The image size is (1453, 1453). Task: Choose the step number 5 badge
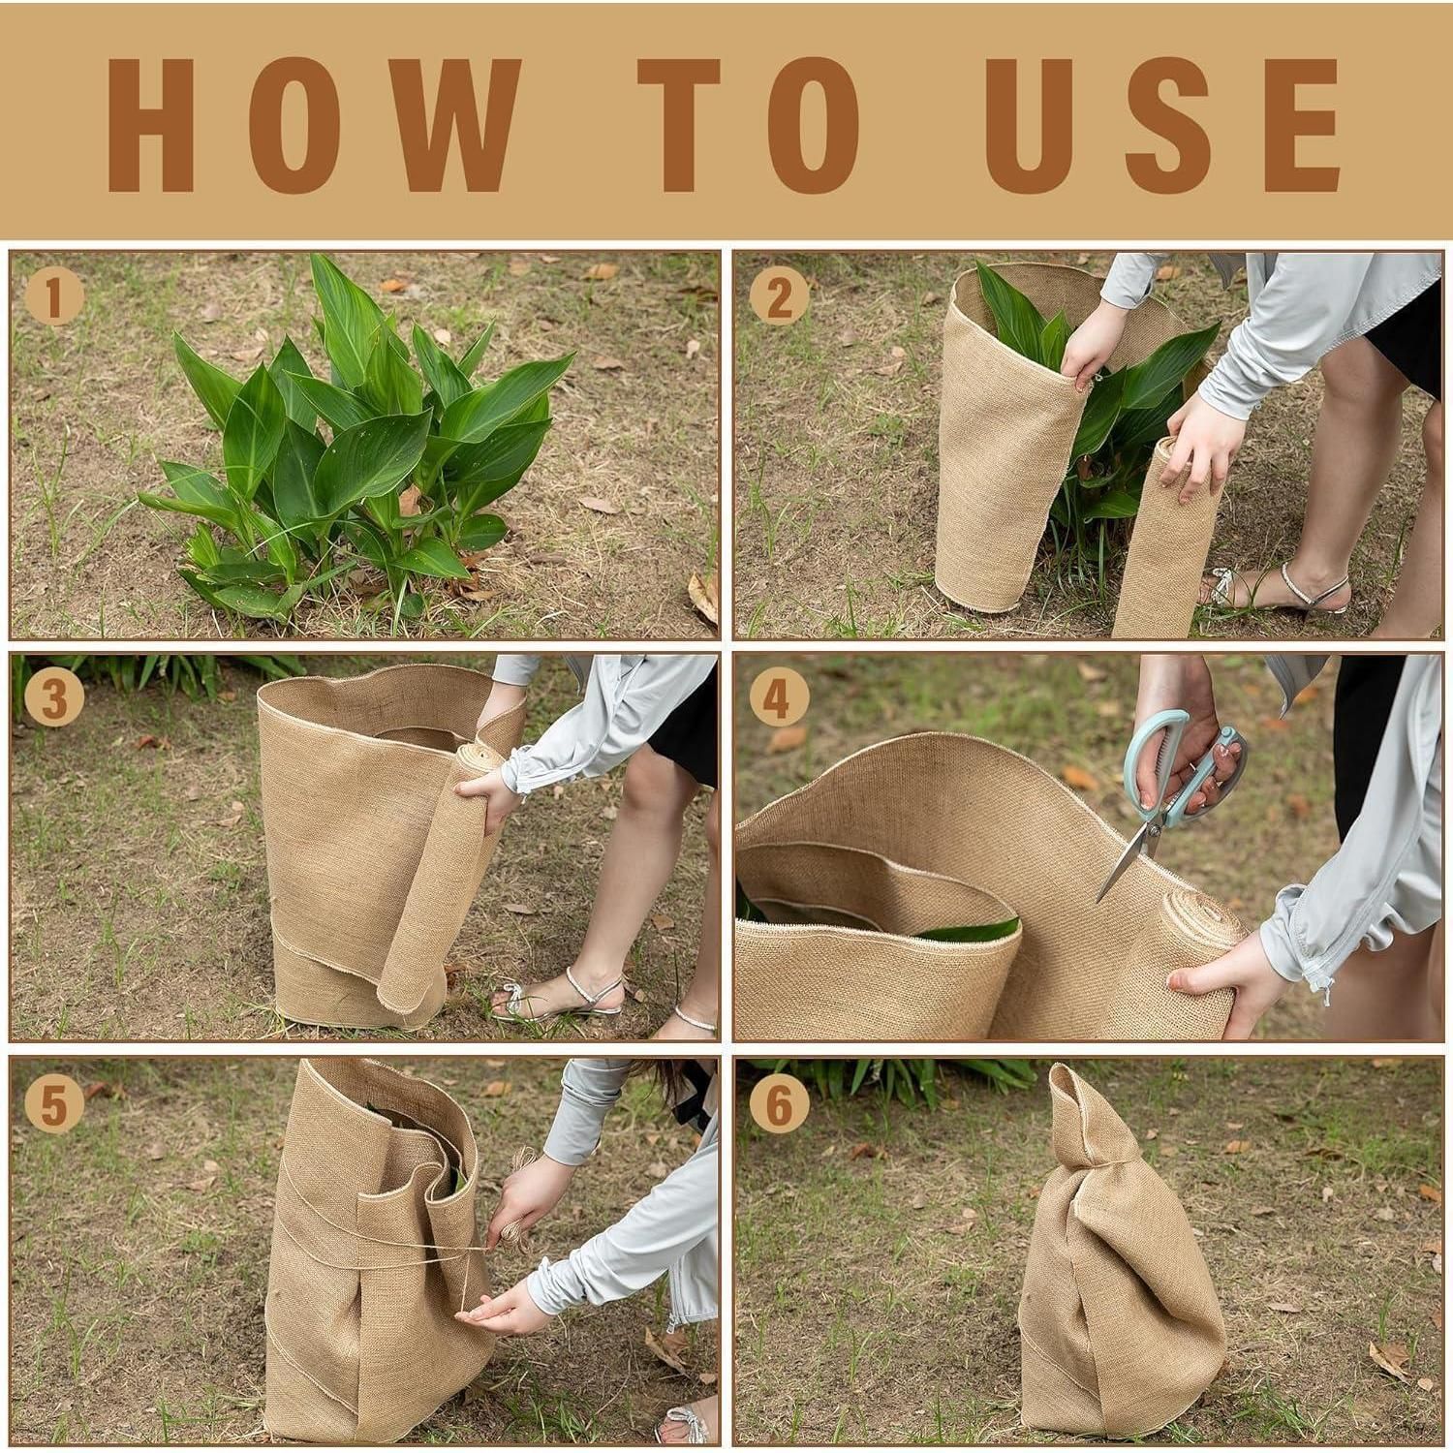(x=51, y=1104)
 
